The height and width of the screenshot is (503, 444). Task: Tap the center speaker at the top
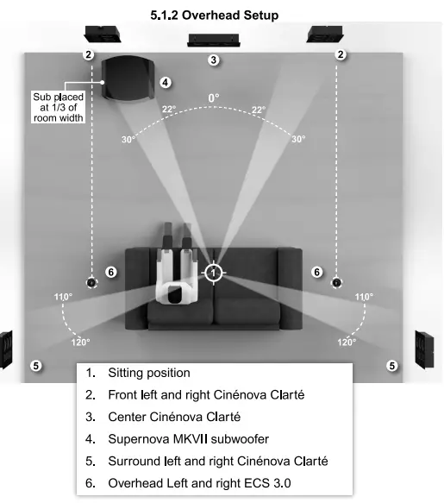(x=214, y=40)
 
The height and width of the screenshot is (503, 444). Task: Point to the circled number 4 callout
(x=166, y=83)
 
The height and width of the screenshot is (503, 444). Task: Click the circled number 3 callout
(x=214, y=60)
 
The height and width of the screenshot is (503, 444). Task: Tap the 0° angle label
(x=214, y=98)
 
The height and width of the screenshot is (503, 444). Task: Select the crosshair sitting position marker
(x=214, y=273)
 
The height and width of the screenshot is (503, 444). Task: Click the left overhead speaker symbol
(x=91, y=282)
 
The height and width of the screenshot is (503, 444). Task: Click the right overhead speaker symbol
(x=337, y=282)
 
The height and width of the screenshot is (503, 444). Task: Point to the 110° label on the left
(x=62, y=297)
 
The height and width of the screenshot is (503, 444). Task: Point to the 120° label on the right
(x=347, y=343)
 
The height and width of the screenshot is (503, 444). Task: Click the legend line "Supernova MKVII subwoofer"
(x=189, y=439)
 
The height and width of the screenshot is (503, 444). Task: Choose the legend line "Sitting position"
(x=148, y=374)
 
